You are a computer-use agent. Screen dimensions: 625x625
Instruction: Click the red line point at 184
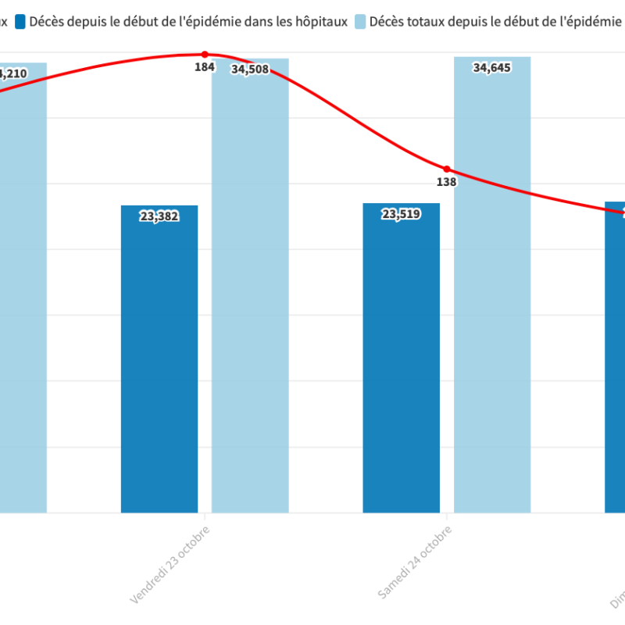click(x=205, y=55)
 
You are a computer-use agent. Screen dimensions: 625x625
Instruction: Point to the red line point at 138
click(x=447, y=169)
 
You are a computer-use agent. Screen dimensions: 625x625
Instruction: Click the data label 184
click(x=205, y=67)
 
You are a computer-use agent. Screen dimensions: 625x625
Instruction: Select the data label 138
click(x=447, y=182)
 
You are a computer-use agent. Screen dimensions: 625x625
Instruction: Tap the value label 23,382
click(x=159, y=216)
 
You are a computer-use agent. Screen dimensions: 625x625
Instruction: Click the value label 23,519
click(x=402, y=214)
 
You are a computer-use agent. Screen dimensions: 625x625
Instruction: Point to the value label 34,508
click(x=250, y=70)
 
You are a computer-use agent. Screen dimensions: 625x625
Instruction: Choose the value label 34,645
click(x=492, y=68)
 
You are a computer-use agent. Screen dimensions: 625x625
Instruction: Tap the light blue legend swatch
click(x=360, y=22)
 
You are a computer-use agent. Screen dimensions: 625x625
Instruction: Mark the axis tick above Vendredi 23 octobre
click(x=205, y=516)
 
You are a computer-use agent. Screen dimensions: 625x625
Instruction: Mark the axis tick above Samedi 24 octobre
click(x=447, y=516)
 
